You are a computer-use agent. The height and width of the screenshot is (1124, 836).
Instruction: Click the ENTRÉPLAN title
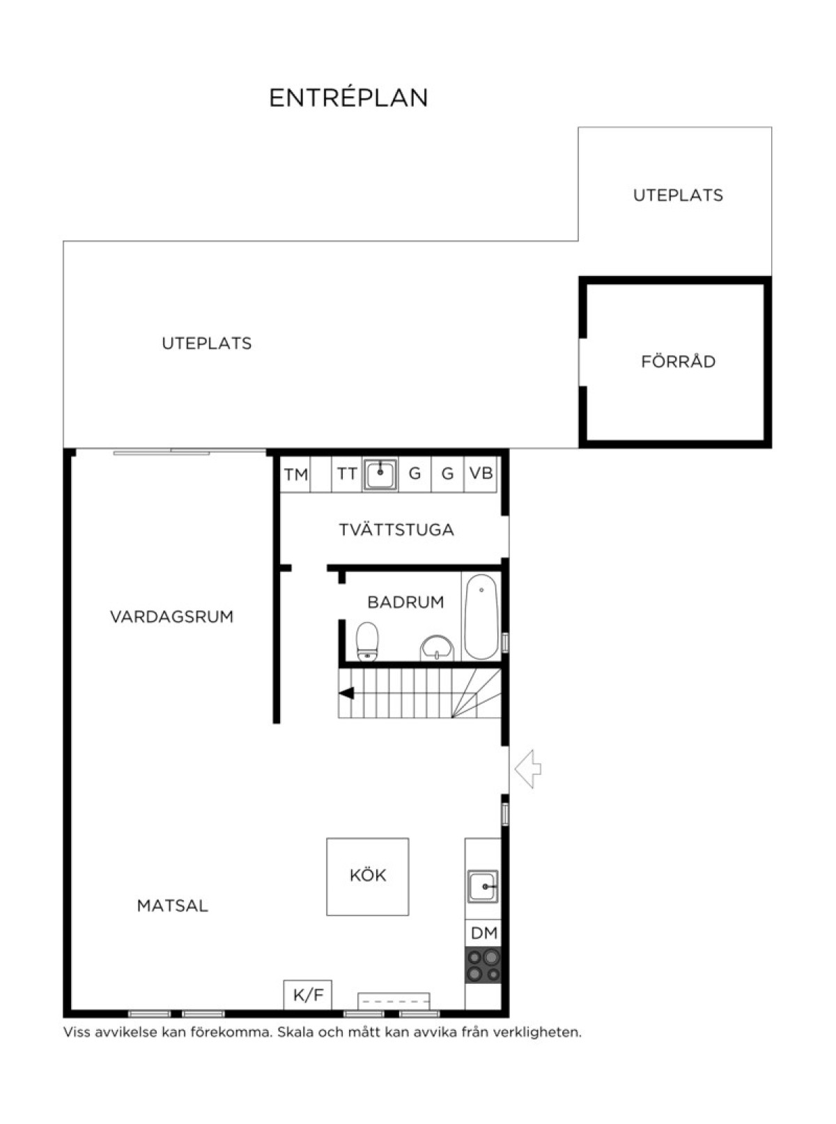[348, 98]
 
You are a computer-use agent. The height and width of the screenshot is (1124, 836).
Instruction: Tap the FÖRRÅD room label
[678, 362]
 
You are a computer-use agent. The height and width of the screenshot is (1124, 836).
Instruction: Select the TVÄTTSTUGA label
[396, 530]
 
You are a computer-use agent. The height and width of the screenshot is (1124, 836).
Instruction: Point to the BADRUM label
[405, 602]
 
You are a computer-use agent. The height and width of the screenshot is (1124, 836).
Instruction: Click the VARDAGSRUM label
[172, 617]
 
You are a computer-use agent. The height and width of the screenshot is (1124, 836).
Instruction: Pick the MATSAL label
[172, 906]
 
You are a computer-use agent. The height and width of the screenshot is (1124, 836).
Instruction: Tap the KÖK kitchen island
[367, 877]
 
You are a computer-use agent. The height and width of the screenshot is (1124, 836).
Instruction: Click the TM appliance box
[296, 475]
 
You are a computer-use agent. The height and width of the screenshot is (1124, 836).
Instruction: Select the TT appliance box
[347, 475]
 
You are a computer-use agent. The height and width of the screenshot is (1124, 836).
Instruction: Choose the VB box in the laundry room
[481, 474]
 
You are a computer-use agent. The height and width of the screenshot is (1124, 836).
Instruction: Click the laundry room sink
[380, 475]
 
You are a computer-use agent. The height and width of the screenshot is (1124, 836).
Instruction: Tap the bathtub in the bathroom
[481, 617]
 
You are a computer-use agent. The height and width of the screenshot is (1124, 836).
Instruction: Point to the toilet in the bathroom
[367, 642]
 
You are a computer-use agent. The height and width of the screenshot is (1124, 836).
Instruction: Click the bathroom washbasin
[437, 649]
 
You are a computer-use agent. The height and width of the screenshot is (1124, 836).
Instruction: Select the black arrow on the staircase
[346, 693]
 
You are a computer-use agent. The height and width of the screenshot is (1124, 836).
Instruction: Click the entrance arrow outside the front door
[527, 769]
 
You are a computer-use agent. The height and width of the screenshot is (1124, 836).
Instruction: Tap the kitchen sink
[483, 887]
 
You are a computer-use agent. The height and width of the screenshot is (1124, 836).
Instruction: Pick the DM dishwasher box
[483, 933]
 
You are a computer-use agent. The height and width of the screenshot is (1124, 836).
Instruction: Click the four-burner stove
[483, 965]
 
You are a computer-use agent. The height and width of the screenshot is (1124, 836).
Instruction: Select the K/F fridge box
[307, 995]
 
